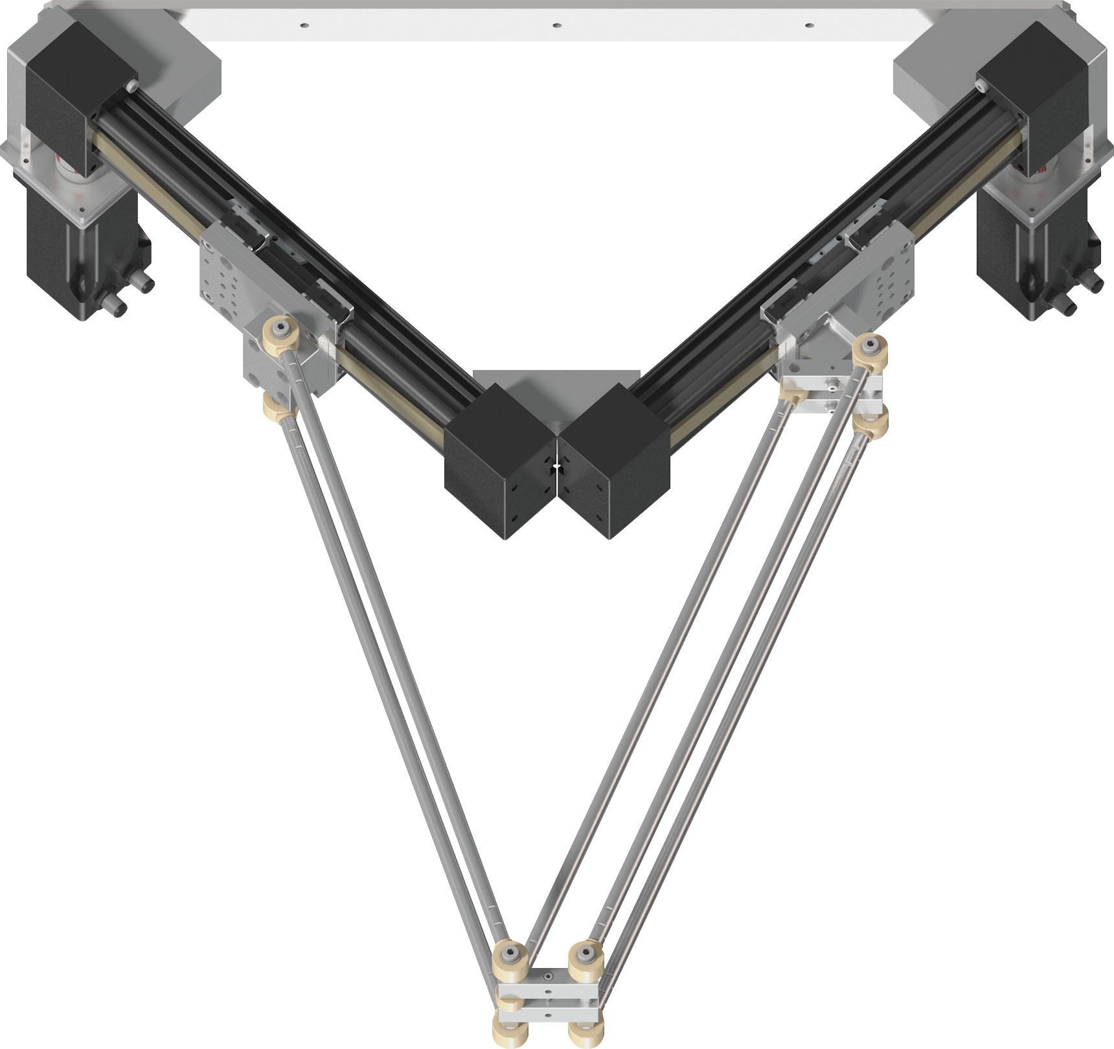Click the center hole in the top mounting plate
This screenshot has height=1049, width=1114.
point(556,25)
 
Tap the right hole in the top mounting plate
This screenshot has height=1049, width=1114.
point(808,25)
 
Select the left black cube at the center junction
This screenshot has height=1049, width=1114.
point(499,460)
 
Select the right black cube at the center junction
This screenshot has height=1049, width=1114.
point(614,460)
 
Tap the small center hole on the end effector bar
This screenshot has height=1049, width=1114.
point(548,974)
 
